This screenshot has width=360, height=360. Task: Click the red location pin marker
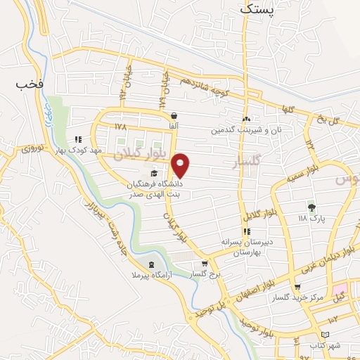click(x=181, y=165)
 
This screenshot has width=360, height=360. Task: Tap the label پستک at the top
click(x=258, y=9)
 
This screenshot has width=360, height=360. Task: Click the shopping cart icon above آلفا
click(x=174, y=116)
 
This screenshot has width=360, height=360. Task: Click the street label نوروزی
click(x=32, y=148)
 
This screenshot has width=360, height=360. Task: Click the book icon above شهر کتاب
click(x=324, y=335)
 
